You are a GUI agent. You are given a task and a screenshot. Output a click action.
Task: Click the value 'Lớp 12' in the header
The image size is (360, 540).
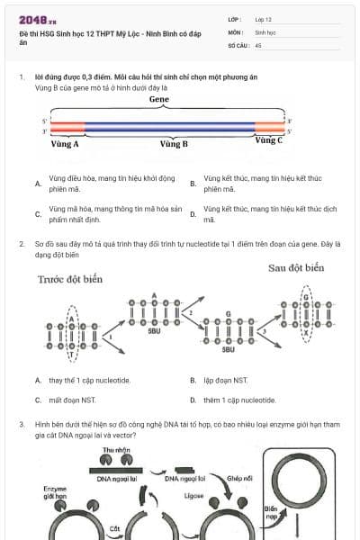(264, 19)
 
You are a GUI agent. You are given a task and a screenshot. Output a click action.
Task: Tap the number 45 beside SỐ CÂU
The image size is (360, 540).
(258, 44)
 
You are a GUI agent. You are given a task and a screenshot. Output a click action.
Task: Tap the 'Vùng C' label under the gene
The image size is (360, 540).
(268, 140)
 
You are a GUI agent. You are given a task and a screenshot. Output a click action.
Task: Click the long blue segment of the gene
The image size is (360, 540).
(171, 127)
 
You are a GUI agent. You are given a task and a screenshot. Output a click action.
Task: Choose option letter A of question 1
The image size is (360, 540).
(38, 184)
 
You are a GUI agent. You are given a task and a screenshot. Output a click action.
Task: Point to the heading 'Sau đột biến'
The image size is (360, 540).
(296, 268)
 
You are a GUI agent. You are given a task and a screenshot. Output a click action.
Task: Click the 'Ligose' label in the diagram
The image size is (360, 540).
(191, 495)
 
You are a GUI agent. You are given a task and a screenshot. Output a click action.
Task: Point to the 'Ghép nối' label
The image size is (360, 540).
(240, 479)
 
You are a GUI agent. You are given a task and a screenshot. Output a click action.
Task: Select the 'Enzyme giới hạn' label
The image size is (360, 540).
(55, 492)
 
